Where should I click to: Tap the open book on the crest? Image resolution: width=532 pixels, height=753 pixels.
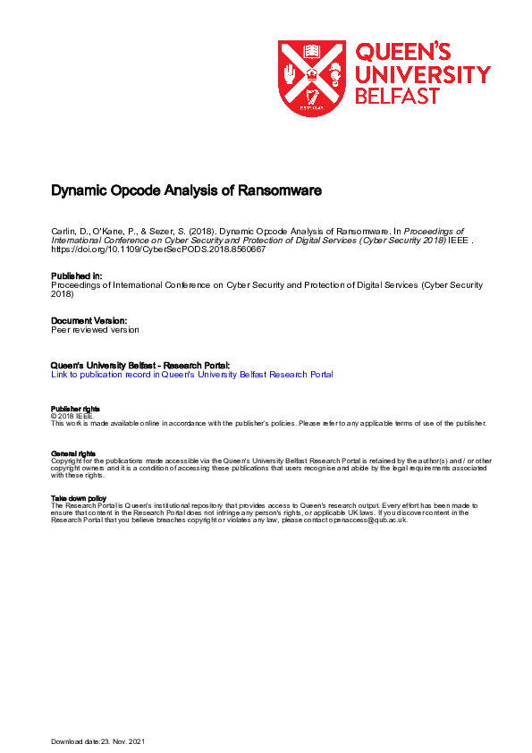tap(312, 51)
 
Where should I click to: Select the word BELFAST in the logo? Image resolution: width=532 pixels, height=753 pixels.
tap(398, 96)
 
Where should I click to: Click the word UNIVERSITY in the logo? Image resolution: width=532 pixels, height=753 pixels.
tap(423, 74)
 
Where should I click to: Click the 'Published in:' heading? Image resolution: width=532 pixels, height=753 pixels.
tap(77, 276)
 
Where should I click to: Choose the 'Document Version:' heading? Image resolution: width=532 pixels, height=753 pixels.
tap(89, 320)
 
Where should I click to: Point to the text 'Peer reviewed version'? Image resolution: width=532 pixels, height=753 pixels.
tap(96, 330)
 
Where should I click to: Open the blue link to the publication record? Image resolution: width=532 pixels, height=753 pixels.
tap(192, 375)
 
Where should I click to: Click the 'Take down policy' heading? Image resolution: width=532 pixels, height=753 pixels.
tap(80, 498)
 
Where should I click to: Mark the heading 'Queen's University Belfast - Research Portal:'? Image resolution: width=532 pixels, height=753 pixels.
tap(141, 365)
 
